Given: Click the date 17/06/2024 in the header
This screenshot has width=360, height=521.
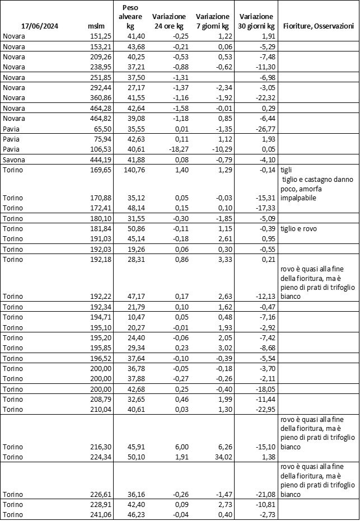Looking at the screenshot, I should click(40, 26).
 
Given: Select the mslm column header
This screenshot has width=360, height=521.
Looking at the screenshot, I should click(96, 26).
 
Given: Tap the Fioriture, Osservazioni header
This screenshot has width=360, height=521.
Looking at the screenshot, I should click(319, 26).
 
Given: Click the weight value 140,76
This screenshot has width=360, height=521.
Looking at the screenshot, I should click(131, 170).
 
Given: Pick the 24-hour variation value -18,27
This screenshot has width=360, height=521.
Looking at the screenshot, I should click(168, 149).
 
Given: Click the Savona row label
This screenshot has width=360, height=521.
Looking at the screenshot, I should click(14, 159).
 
